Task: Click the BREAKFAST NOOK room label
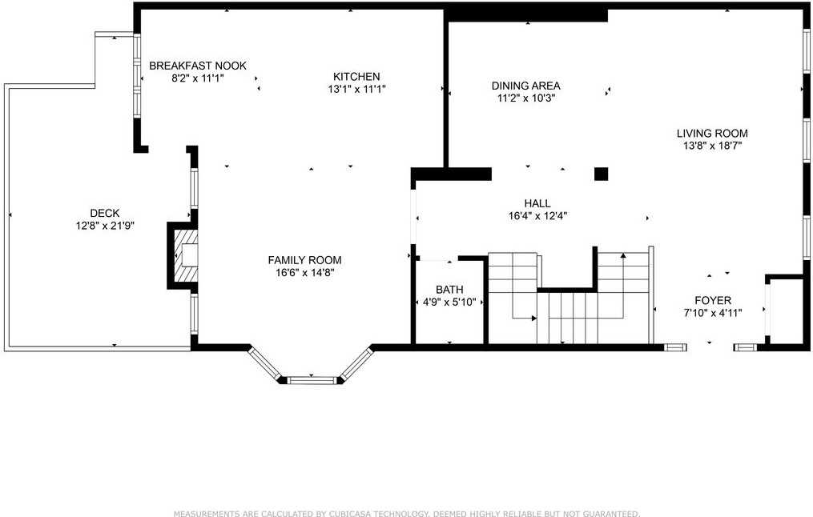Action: point(198,66)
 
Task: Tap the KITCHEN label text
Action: point(356,77)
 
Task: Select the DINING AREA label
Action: point(525,86)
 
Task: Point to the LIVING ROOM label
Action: point(712,134)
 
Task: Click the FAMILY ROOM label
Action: point(304,260)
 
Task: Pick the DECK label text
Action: point(104,213)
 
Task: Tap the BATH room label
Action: point(449,290)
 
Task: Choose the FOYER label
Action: point(712,301)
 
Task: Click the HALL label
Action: point(537,204)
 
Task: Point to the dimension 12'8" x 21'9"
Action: point(104,226)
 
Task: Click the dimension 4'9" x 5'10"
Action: point(449,303)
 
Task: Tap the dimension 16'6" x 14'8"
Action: point(304,273)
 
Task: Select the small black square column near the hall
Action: point(601,174)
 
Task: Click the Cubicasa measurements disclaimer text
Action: point(407,513)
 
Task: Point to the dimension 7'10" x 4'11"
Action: point(712,314)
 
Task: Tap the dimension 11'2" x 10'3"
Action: point(525,98)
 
